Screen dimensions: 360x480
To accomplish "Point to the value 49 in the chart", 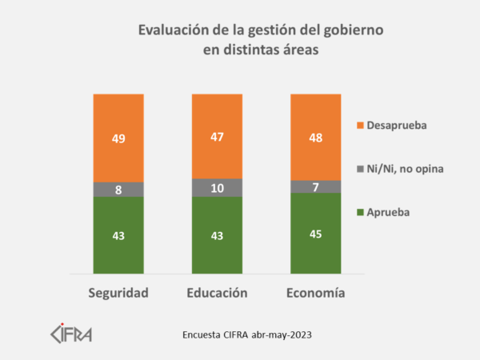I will pos(118,139).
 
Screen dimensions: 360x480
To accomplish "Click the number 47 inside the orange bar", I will pos(217,137).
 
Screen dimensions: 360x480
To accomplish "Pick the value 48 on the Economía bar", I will pos(316,138).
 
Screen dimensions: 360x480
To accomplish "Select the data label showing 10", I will pos(217,188).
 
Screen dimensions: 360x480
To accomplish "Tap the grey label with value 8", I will pos(118,190).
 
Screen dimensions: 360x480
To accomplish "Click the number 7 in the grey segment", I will pos(316,186).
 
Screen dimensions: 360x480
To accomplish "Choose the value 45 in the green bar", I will pos(316,234).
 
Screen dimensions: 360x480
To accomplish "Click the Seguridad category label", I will pos(118,293).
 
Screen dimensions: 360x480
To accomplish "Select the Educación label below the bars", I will pos(217,293).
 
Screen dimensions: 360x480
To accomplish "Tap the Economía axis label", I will pos(316,293).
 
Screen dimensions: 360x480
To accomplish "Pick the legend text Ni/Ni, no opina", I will pos(404,169).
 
